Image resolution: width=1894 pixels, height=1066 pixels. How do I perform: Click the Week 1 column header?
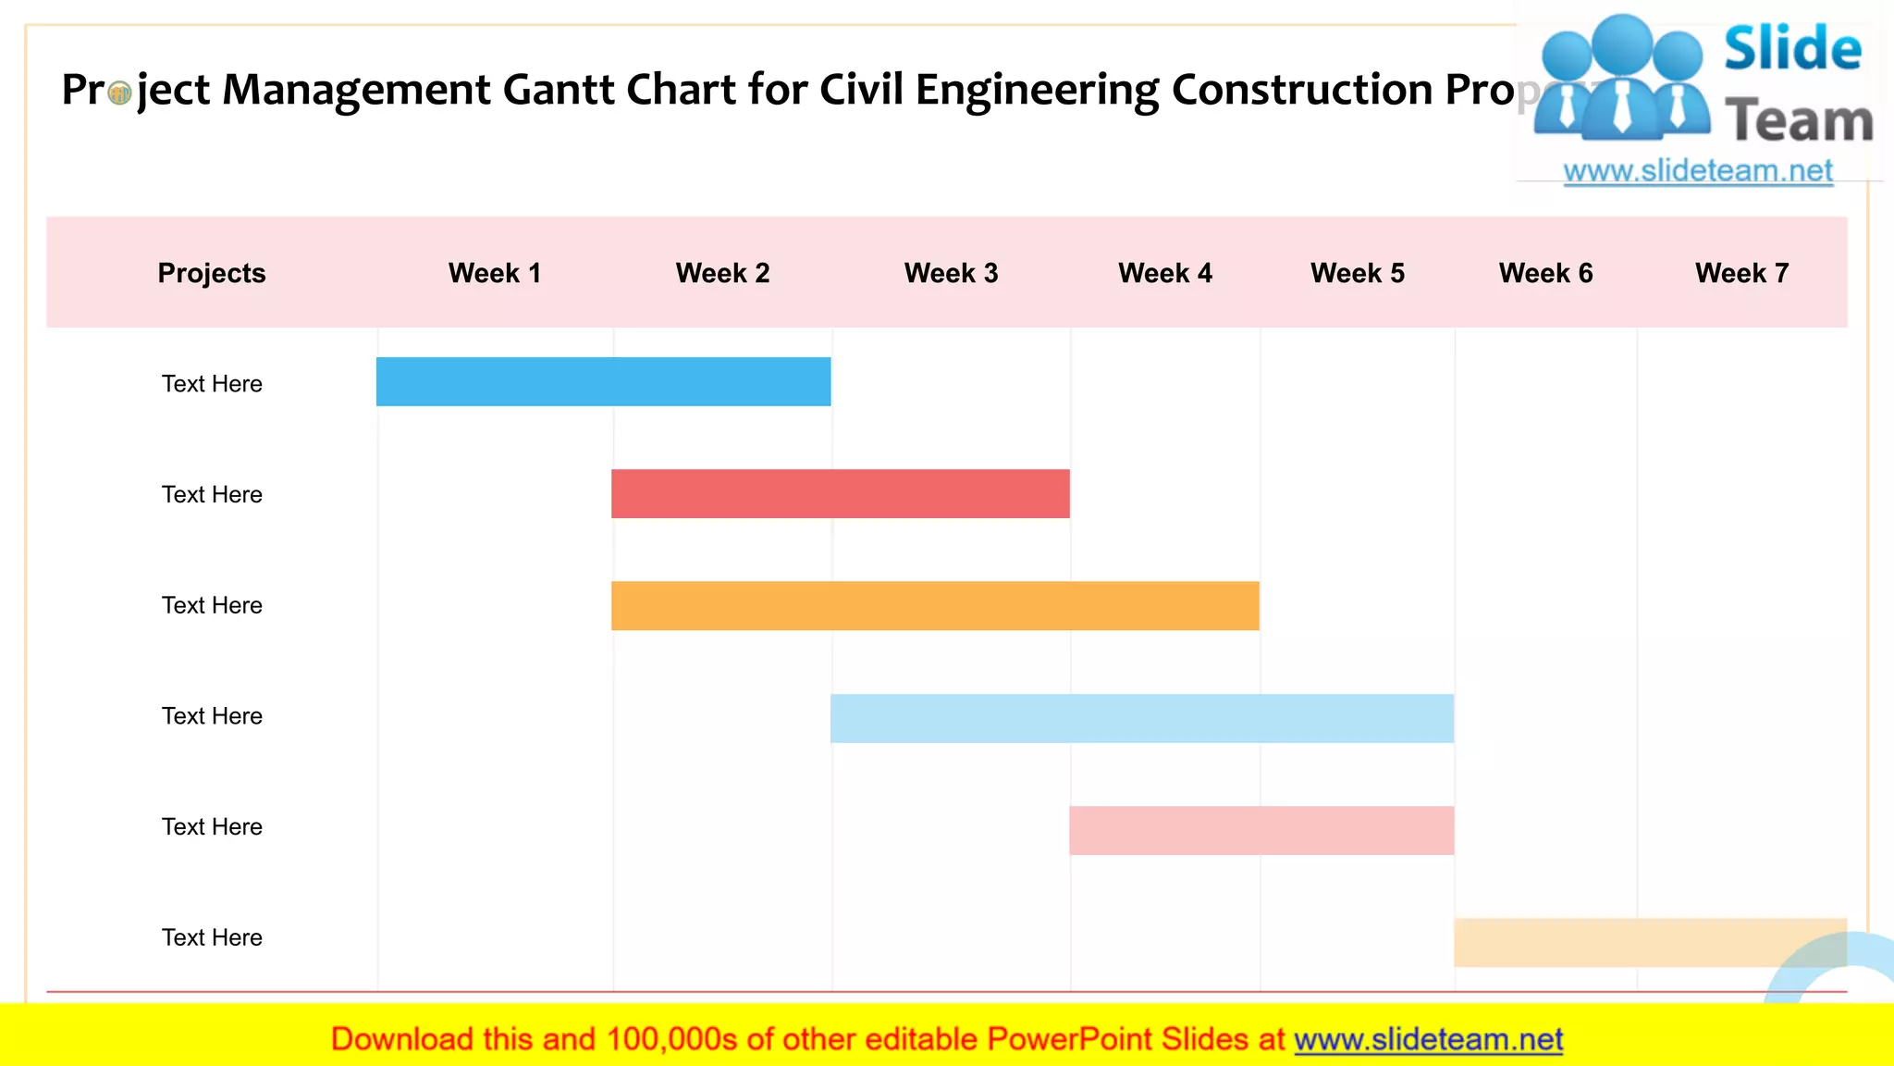(494, 273)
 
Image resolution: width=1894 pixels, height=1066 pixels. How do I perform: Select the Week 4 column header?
(1164, 273)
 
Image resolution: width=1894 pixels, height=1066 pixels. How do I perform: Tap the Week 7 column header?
(1741, 273)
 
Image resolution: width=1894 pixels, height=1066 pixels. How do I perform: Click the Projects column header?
(212, 273)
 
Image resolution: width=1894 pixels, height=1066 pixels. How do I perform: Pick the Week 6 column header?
(1545, 273)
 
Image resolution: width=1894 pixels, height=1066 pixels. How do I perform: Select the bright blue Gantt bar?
(603, 382)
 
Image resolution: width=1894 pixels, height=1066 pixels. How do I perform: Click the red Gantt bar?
(840, 493)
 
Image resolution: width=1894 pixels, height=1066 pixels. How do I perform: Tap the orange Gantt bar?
(934, 606)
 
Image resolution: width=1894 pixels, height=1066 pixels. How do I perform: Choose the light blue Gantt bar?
(1141, 718)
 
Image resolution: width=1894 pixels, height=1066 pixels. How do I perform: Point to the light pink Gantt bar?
(1261, 830)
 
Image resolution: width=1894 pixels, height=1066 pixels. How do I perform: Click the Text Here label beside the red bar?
(212, 494)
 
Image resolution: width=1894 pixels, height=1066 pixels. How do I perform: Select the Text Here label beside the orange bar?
(212, 605)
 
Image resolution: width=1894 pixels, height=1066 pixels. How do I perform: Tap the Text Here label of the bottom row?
(212, 937)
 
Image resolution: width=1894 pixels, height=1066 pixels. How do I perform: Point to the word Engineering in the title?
(1036, 90)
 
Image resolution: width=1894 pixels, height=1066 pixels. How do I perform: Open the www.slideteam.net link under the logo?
(1697, 171)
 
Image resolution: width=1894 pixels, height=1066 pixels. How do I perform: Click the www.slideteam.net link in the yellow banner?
(1428, 1039)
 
